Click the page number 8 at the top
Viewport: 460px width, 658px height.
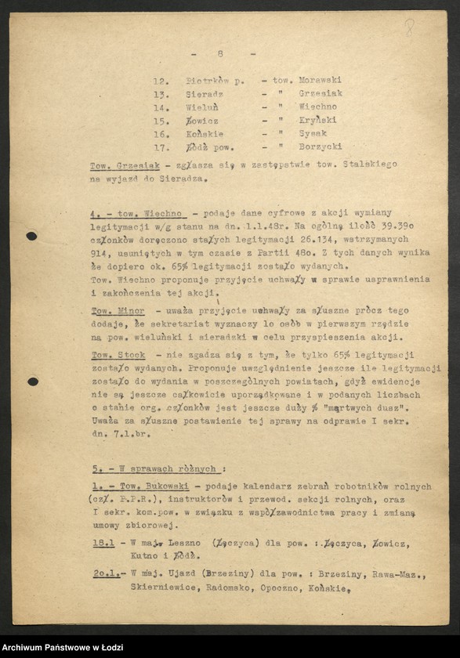click(x=221, y=53)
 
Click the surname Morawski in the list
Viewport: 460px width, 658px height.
click(x=317, y=80)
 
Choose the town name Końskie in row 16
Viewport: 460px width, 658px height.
click(x=204, y=133)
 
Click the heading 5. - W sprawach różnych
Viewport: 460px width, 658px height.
click(x=153, y=468)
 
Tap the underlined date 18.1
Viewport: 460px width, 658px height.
click(x=103, y=544)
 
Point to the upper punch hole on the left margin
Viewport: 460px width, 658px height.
click(x=31, y=236)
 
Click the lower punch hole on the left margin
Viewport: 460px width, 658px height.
click(x=32, y=381)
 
